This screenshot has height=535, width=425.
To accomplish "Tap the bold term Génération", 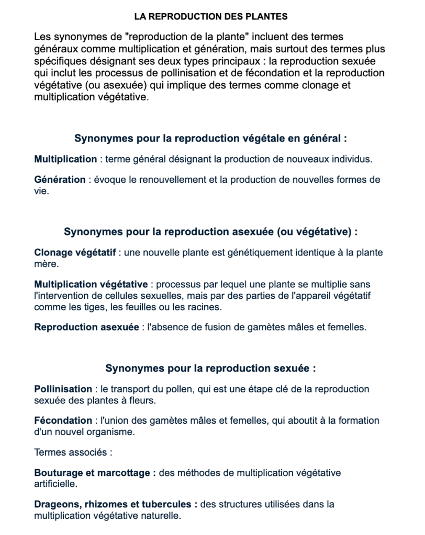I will tap(60, 180).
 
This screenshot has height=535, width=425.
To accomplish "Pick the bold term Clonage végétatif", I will tap(75, 253).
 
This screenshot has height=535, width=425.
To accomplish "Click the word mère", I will tap(45, 264).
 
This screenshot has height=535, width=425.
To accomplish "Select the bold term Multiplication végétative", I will tap(91, 285).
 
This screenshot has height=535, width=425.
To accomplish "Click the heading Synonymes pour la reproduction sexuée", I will tap(210, 368).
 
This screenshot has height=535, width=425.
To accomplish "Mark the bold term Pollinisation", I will tap(63, 389).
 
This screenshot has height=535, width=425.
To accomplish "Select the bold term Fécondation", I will tap(63, 421).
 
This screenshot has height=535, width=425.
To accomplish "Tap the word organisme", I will tap(111, 432).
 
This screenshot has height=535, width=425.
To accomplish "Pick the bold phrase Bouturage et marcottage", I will tap(95, 473).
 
